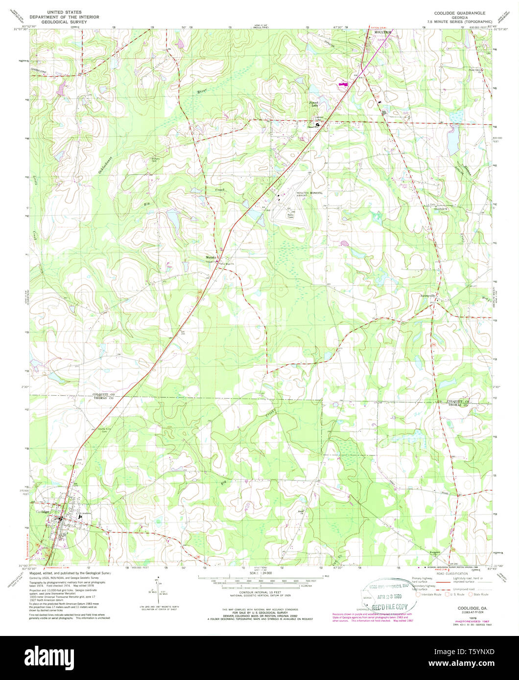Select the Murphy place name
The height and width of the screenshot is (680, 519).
[x=211, y=257]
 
